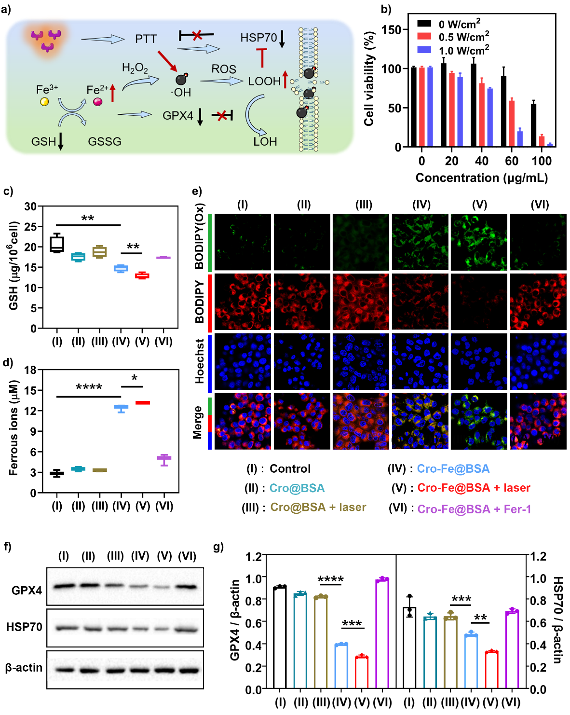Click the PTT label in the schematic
[x=146, y=39]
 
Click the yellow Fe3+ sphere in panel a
[x=44, y=102]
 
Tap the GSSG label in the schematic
[x=105, y=142]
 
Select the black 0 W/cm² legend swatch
[x=424, y=23]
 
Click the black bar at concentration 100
[x=533, y=125]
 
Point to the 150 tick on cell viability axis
[x=391, y=30]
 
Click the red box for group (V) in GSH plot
[x=142, y=276]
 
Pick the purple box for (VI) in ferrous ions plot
[x=164, y=458]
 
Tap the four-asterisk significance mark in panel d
[x=89, y=387]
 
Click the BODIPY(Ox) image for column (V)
[x=479, y=242]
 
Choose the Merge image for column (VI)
[x=538, y=421]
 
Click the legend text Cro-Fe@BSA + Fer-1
[x=474, y=509]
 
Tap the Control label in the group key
[x=290, y=469]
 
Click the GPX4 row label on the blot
[x=27, y=590]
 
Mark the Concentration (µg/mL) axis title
[x=481, y=178]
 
